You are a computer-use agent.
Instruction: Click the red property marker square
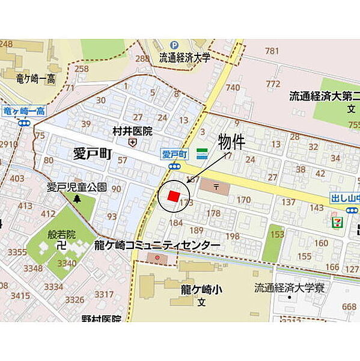(173, 196)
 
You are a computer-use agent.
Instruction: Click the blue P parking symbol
(174, 45)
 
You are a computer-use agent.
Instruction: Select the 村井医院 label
(132, 131)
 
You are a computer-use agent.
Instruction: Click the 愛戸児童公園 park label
(77, 187)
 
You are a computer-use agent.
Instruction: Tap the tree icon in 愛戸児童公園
(76, 199)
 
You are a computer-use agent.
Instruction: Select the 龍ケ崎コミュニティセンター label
(157, 245)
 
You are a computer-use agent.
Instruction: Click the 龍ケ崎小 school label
(201, 290)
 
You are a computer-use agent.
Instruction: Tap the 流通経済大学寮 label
(288, 288)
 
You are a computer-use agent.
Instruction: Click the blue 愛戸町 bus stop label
(175, 154)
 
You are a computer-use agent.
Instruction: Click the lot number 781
(272, 51)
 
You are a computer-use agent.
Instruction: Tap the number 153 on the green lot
(277, 235)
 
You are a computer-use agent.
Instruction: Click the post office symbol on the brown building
(215, 187)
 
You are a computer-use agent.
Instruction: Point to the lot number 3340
(67, 263)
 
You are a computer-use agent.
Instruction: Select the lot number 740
(233, 87)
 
